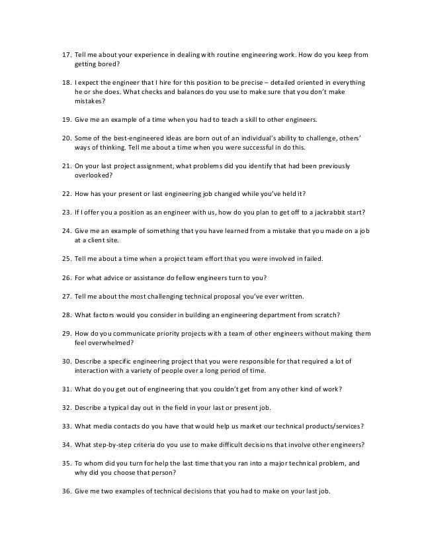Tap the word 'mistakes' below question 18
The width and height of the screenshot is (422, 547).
pos(90,105)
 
